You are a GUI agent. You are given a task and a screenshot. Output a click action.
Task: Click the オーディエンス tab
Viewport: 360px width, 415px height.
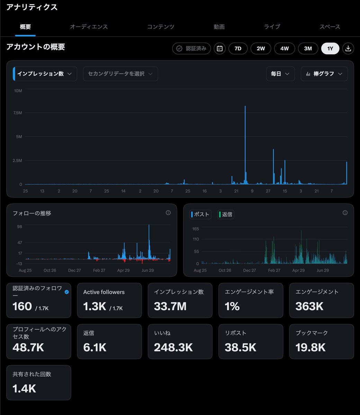click(x=89, y=27)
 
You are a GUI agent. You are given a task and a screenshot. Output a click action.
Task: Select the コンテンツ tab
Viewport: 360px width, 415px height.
click(x=161, y=27)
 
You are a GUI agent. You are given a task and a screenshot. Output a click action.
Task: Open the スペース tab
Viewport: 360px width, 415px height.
click(x=330, y=27)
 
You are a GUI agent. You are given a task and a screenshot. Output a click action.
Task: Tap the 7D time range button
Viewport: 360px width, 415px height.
click(x=238, y=48)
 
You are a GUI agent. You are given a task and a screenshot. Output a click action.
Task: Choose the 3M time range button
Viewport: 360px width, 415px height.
click(x=308, y=48)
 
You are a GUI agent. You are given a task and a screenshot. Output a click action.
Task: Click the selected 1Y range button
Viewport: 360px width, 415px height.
click(x=330, y=48)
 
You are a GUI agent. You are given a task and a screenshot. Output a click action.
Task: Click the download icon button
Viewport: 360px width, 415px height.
click(x=348, y=48)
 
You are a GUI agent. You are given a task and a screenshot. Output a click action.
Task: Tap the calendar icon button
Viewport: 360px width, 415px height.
click(x=220, y=48)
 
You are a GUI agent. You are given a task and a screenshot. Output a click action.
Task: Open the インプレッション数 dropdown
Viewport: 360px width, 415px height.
click(x=45, y=74)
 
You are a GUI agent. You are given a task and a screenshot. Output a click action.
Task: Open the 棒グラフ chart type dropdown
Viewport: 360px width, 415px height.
click(x=324, y=74)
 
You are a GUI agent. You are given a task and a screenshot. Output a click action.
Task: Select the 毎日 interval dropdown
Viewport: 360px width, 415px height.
click(x=280, y=74)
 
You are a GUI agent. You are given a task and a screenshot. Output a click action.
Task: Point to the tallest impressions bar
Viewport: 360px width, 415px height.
click(x=245, y=145)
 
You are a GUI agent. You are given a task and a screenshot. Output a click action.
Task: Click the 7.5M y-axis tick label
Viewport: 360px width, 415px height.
click(x=18, y=113)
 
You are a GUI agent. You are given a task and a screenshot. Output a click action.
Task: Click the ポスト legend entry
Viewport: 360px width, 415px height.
click(x=200, y=214)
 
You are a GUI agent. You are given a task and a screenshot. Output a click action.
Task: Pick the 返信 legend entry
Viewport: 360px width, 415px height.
click(x=226, y=214)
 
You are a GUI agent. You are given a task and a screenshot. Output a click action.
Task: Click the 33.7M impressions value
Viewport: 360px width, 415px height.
click(x=170, y=306)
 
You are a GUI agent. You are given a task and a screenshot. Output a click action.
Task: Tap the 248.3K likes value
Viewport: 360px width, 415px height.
click(x=173, y=348)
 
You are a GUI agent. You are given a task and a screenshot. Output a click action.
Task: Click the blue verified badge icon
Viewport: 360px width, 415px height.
click(x=67, y=292)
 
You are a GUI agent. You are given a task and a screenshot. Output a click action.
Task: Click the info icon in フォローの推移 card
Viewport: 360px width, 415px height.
click(x=168, y=213)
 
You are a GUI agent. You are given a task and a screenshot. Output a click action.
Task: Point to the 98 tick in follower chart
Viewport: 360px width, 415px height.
click(x=19, y=227)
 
